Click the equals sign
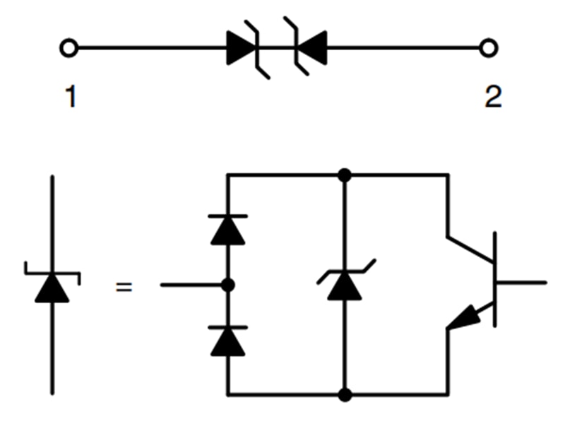pos(124,288)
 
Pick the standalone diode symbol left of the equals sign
pos(52,286)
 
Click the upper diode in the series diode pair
pos(228,230)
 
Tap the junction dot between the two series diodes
pos(227,285)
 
